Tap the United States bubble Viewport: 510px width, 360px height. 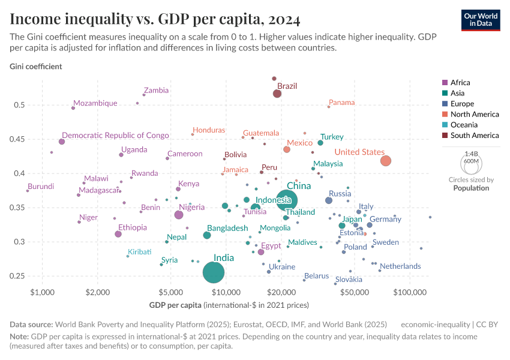point(386,161)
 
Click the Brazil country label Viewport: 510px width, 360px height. point(287,86)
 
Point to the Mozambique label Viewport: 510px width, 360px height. point(95,103)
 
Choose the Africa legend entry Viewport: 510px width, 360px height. point(460,83)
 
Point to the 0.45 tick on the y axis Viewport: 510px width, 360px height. point(19,139)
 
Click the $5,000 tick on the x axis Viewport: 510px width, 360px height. point(170,292)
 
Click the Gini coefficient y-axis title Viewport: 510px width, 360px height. point(35,66)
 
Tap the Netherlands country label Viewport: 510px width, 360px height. point(400,266)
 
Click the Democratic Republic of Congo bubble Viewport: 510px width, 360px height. point(62,142)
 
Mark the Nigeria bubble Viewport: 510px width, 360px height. point(178,215)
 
